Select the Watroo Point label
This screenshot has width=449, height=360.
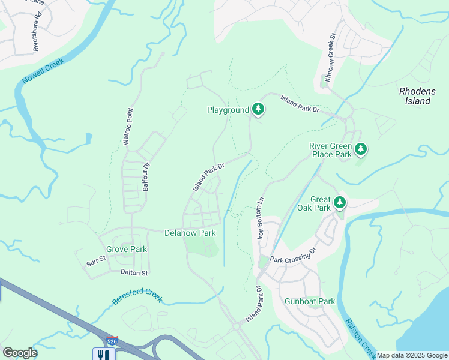coord(127,127)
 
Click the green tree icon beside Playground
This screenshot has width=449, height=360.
coord(258,109)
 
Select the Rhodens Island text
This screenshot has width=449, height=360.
coord(415,96)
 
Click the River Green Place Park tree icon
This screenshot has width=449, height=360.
coord(360,148)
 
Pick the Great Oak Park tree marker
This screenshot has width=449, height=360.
coord(340,202)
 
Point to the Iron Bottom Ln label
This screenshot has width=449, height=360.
coord(261,218)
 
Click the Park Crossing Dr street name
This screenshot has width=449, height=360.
coord(292,255)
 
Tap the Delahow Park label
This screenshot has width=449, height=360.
coord(190,233)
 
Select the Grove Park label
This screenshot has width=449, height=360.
coord(127,249)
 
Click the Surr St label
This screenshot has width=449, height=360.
coord(96,261)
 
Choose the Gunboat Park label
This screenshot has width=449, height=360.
coord(310,301)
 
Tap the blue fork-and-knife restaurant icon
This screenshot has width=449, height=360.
coord(100,354)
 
